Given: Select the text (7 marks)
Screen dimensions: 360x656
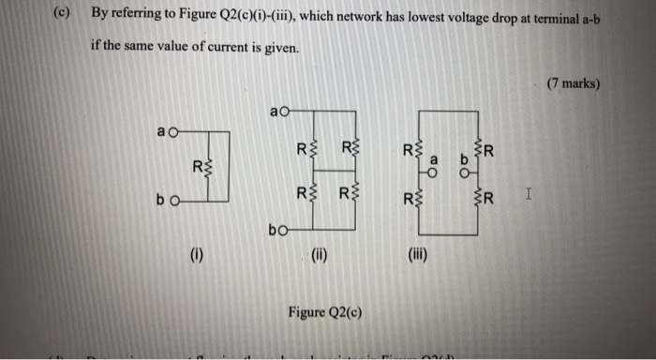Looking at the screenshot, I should pyautogui.click(x=572, y=83).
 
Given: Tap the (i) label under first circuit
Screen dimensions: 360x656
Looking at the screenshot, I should pyautogui.click(x=195, y=252).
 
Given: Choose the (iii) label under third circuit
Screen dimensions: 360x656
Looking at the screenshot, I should pyautogui.click(x=415, y=252).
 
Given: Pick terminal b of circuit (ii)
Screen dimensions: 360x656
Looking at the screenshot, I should pyautogui.click(x=281, y=228).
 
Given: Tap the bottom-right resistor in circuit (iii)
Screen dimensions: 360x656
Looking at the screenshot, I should pyautogui.click(x=481, y=196).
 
